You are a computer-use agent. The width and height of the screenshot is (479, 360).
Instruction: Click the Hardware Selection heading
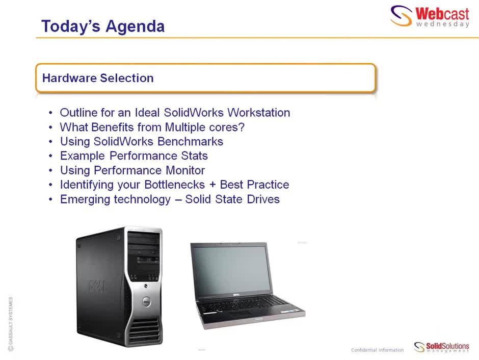point(98,78)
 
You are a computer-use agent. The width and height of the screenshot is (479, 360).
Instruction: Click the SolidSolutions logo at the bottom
point(441,347)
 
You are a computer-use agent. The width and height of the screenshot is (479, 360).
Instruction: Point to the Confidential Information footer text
point(377,350)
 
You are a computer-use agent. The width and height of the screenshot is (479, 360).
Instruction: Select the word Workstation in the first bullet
point(258,113)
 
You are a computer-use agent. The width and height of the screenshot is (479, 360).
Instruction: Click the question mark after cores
point(242,127)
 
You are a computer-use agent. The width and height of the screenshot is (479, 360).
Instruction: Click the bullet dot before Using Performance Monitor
point(50,170)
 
